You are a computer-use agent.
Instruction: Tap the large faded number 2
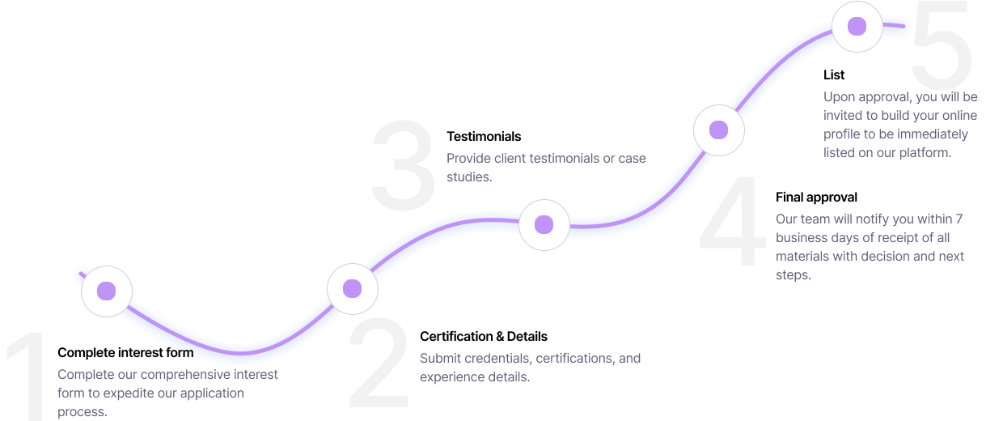379,362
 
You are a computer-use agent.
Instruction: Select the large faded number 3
403,165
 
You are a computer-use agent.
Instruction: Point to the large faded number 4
733,219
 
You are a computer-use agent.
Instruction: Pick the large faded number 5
942,44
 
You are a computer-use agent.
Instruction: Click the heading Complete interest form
125,353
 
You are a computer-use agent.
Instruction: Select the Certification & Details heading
484,336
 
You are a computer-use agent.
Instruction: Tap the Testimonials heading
484,136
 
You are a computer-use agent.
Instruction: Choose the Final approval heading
816,198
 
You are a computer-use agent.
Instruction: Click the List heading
834,74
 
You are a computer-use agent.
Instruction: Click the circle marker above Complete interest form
107,291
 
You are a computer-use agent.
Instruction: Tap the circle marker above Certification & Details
353,289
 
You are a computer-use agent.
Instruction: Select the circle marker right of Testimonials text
544,225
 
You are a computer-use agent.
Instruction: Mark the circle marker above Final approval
718,130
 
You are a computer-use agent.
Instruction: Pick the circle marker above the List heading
857,27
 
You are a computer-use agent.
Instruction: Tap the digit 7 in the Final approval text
959,219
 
